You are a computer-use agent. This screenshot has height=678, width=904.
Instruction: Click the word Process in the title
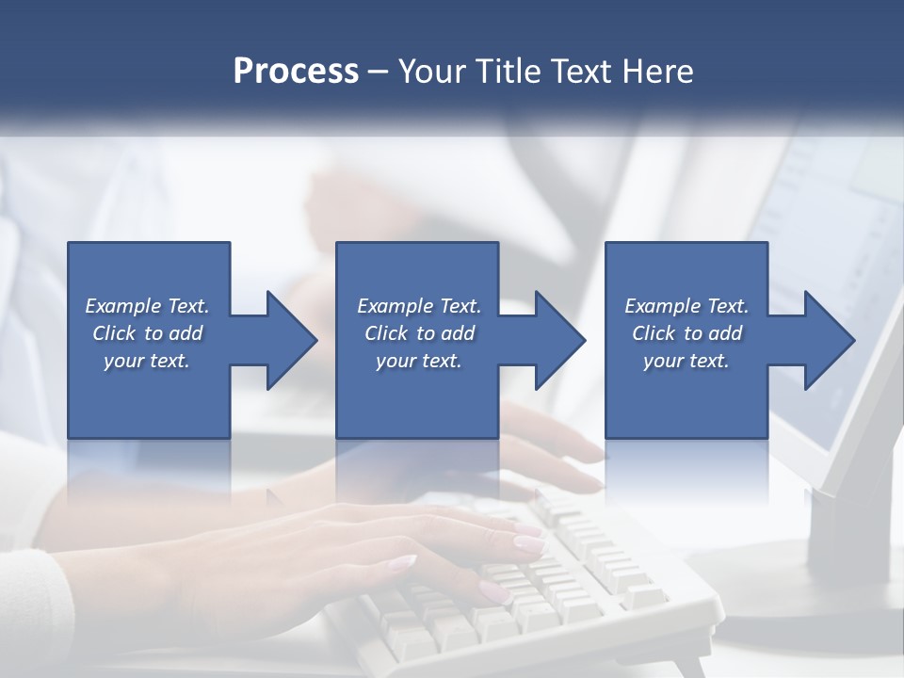click(x=296, y=72)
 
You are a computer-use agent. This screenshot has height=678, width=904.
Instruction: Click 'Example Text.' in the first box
click(x=147, y=306)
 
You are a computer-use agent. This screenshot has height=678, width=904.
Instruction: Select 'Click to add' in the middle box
click(x=419, y=333)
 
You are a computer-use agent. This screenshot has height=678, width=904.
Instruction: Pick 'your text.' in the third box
click(x=686, y=361)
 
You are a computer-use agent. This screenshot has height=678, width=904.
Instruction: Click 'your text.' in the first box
click(x=147, y=361)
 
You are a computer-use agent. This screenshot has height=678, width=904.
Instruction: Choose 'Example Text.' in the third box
click(x=686, y=306)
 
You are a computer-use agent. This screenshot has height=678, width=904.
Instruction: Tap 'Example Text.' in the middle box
click(x=419, y=306)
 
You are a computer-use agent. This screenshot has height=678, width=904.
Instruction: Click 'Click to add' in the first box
click(x=147, y=333)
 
